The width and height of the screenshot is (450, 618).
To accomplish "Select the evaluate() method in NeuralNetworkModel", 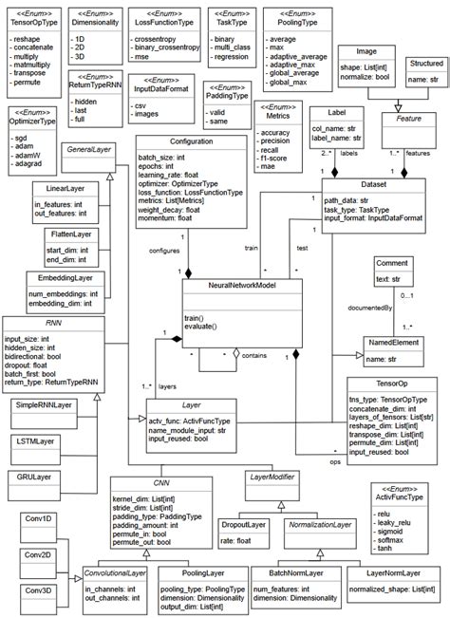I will coord(202,326).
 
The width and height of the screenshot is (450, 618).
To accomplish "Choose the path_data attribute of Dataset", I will coord(359,200).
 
